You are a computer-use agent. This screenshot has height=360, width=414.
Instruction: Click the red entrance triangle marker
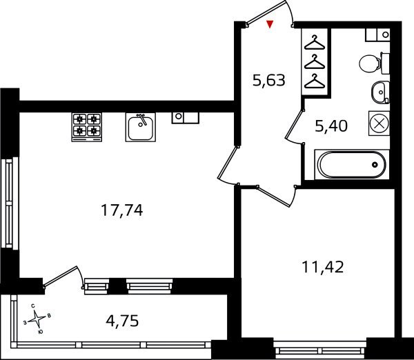(269, 24)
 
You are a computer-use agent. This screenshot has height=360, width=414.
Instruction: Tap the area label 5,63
(269, 80)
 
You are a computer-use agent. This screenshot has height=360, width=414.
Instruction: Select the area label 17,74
(121, 210)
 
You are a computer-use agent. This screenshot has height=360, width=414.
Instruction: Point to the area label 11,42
(322, 267)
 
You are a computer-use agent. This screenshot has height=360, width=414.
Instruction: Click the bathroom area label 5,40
(331, 126)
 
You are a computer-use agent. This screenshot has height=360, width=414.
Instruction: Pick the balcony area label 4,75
(122, 321)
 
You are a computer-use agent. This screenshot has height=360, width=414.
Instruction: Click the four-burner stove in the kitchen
(87, 127)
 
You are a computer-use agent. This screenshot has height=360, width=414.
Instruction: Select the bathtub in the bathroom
(352, 165)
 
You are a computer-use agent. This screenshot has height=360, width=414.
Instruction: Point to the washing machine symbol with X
(379, 123)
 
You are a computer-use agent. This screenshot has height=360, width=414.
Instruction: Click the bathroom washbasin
(380, 92)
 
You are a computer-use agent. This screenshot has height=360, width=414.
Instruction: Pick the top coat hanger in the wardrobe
(314, 43)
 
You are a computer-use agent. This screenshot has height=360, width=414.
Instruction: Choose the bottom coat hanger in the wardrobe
(314, 81)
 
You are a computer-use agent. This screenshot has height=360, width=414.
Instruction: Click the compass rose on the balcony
(37, 319)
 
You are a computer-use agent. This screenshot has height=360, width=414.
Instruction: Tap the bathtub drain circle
(375, 165)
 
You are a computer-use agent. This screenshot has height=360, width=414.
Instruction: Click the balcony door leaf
(60, 276)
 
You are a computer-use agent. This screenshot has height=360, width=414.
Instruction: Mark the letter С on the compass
(32, 306)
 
